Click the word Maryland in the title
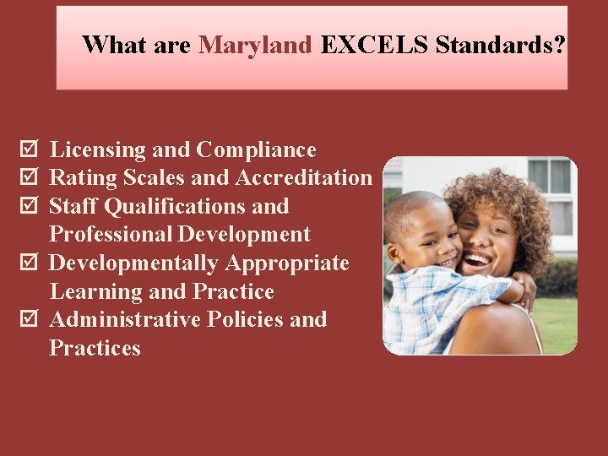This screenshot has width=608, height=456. [255, 45]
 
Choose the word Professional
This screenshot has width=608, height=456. [111, 235]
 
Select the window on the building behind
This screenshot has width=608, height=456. [549, 176]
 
